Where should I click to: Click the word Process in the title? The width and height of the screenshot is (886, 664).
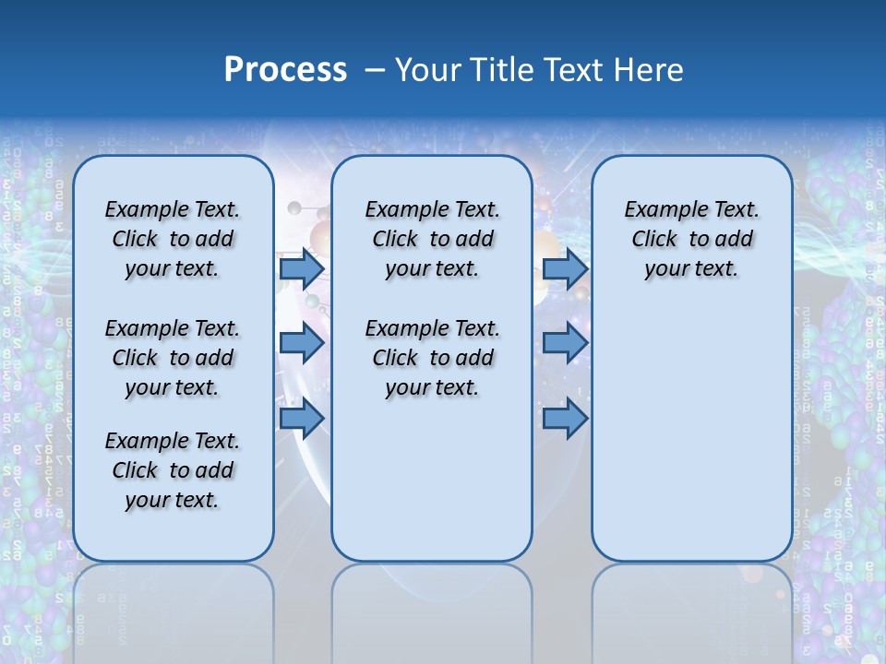[285, 70]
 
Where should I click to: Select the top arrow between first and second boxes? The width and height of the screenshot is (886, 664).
[301, 268]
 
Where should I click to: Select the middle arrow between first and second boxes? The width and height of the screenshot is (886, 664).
[301, 344]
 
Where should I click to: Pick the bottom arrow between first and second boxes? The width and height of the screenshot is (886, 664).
[301, 420]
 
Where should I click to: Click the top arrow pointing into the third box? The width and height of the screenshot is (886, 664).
[565, 268]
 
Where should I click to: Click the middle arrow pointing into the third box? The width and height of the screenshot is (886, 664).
[565, 344]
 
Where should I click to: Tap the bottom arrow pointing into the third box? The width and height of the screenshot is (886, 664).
[565, 420]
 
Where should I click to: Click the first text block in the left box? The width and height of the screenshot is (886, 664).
[173, 239]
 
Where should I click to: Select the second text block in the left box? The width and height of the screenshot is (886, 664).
[173, 358]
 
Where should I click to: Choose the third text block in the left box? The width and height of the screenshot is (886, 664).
[173, 470]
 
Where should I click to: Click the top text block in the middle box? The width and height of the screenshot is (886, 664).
[432, 239]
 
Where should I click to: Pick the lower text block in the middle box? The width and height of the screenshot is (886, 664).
[432, 358]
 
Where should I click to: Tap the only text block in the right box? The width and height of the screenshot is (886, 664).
[691, 239]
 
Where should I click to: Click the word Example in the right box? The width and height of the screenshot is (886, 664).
[659, 210]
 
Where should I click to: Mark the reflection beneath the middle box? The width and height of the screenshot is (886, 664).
[432, 609]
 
